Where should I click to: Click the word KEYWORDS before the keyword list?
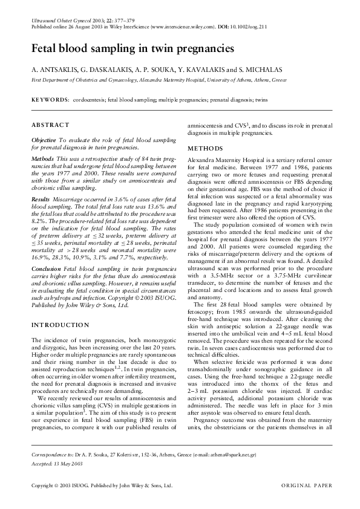pyautogui.click(x=50, y=97)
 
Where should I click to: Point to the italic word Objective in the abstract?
pyautogui.click(x=44, y=140)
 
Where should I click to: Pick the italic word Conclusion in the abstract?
pyautogui.click(x=45, y=284)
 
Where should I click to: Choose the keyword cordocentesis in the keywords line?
pyautogui.click(x=88, y=97)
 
